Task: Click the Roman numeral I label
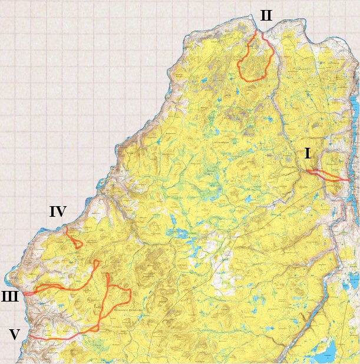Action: (x=308, y=154)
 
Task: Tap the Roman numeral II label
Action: (x=266, y=16)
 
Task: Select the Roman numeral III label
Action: (x=10, y=296)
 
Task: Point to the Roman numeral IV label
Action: (x=57, y=211)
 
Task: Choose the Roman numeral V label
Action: (x=15, y=335)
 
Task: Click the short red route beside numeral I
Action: (x=324, y=175)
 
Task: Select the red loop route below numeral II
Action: (x=255, y=62)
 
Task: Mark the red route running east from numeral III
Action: (x=65, y=289)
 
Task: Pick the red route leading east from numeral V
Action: (x=59, y=338)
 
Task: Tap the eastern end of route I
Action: (x=348, y=180)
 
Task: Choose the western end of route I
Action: (x=307, y=171)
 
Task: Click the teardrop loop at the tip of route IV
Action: (x=78, y=243)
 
